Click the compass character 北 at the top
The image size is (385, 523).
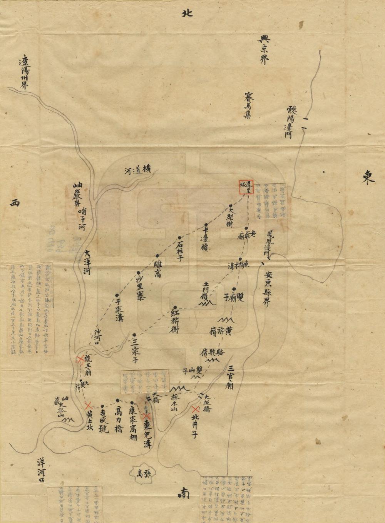coord(187,13)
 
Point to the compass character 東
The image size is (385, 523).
coord(368,178)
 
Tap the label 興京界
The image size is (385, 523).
coord(264,50)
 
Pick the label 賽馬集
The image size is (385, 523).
coord(247,105)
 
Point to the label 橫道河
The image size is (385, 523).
coord(137,170)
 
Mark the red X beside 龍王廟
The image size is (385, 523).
coord(80,360)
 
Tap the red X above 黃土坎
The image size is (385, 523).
coord(88,405)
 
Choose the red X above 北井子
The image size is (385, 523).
coord(195,410)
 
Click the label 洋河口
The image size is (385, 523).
coord(41,470)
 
